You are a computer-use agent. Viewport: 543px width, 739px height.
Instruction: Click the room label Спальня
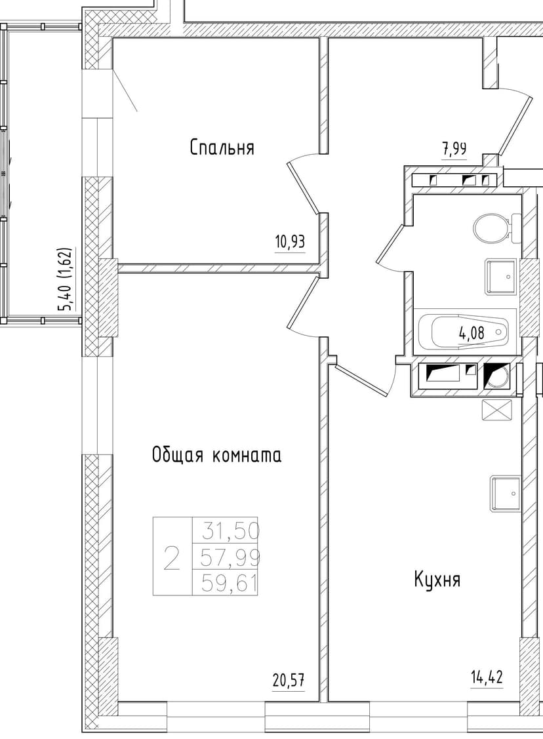point(222,148)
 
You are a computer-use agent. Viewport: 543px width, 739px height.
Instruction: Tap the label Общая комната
point(216,455)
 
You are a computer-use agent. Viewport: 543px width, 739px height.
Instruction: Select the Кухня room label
point(437,580)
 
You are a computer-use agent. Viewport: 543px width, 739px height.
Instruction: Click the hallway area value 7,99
point(454,149)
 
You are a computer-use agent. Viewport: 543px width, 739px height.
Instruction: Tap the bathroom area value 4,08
point(472,333)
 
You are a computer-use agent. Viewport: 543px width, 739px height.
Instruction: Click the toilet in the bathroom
point(493,228)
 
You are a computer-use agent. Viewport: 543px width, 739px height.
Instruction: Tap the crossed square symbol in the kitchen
point(496,410)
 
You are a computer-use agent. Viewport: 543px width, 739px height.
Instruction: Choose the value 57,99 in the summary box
point(231,557)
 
